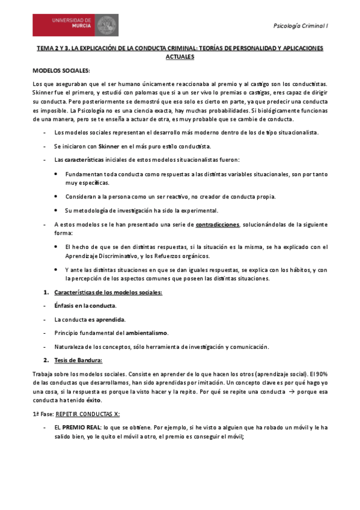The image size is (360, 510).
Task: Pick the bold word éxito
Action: [93, 400]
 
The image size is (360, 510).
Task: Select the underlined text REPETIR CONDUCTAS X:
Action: [86, 414]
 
